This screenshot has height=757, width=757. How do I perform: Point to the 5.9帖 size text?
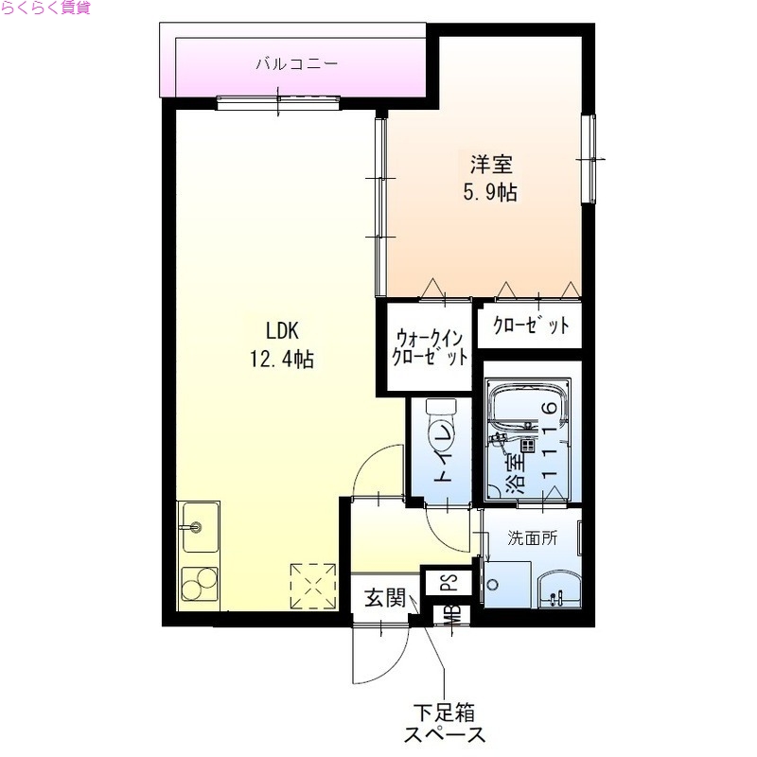click(x=488, y=192)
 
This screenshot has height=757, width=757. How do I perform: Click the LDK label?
click(x=281, y=331)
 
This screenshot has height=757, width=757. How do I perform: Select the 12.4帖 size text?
click(x=281, y=360)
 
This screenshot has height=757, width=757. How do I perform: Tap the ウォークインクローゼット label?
click(x=431, y=347)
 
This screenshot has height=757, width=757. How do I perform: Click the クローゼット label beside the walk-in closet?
click(x=531, y=326)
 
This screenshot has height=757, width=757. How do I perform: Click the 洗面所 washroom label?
click(x=532, y=537)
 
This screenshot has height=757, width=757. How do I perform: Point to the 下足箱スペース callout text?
click(x=444, y=721)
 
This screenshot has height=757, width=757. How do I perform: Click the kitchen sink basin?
click(x=198, y=528)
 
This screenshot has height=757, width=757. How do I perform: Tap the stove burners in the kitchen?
click(x=198, y=585)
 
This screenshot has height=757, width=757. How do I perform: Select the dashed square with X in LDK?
click(x=314, y=587)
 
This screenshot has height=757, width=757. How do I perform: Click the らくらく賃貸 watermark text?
click(x=46, y=9)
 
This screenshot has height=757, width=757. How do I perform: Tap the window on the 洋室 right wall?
click(x=589, y=161)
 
